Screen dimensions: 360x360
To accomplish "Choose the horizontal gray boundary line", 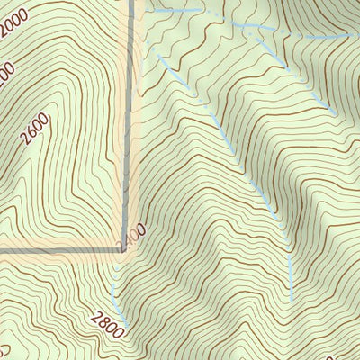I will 63,248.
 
